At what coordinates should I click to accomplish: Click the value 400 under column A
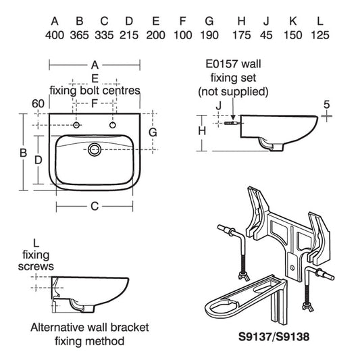[x=55, y=35]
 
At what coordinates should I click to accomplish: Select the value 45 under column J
[x=266, y=35]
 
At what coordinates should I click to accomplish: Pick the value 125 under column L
[x=320, y=35]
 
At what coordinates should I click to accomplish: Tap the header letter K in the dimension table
[x=292, y=21]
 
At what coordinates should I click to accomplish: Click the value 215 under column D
[x=129, y=35]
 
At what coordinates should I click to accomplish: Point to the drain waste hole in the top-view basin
[x=95, y=149]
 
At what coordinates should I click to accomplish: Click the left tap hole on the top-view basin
[x=76, y=125]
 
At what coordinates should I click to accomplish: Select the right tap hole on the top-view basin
[x=113, y=125]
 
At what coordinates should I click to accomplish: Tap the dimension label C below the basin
[x=95, y=206]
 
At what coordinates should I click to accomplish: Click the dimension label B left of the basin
[x=23, y=153]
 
